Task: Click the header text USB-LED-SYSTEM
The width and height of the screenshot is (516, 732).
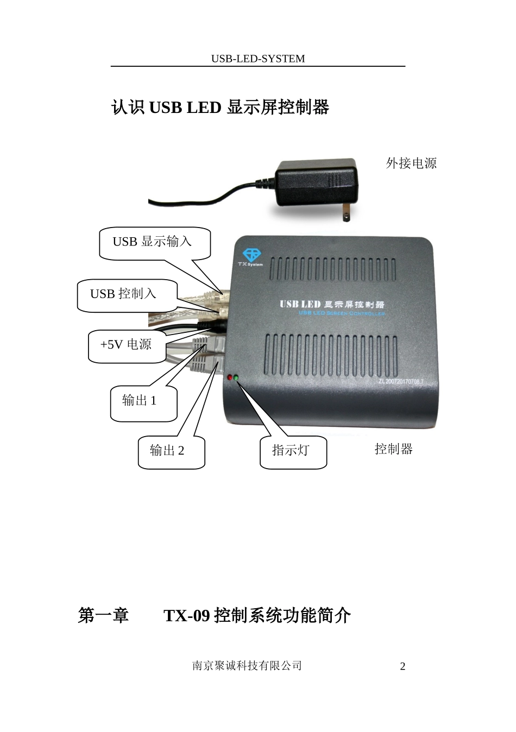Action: [258, 59]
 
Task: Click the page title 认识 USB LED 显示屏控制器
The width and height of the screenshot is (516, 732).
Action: [220, 108]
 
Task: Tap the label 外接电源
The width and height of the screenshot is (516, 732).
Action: [411, 163]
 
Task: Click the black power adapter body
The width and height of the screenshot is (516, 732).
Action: [316, 183]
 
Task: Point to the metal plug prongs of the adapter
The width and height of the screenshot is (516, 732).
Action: [345, 214]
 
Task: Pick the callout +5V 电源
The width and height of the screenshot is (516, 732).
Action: [126, 345]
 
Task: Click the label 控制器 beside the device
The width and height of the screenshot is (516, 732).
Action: [394, 449]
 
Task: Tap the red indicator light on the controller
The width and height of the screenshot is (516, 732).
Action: [230, 377]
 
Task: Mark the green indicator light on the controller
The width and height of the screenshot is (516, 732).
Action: [236, 377]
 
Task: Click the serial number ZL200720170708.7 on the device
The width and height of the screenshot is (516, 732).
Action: [400, 381]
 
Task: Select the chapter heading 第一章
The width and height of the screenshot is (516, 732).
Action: [103, 616]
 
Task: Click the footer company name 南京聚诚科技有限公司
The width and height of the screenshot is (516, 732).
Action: [247, 666]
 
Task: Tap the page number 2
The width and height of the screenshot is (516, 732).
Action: [402, 667]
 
